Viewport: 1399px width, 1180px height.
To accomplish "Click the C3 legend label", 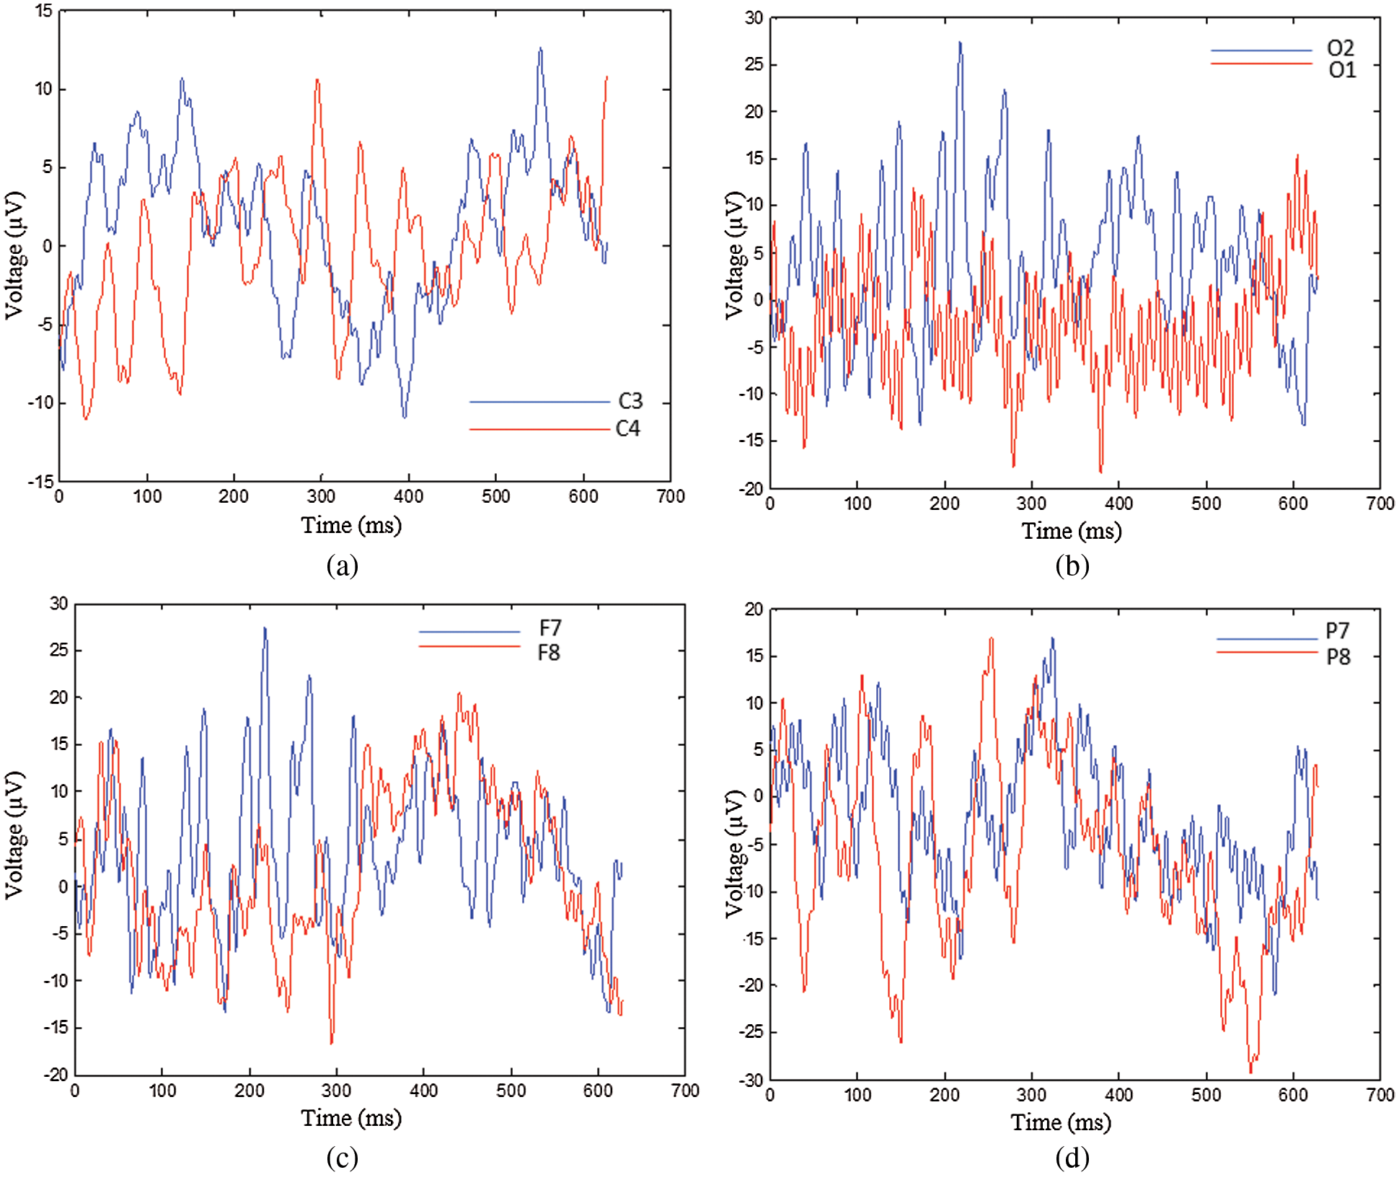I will point(630,401).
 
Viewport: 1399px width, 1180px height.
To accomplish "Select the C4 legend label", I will point(627,428).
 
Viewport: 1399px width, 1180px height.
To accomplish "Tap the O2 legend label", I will point(1340,48).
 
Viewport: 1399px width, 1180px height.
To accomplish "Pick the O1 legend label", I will point(1341,70).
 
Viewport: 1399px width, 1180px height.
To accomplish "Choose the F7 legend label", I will point(550,628).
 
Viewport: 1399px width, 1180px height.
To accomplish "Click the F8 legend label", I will point(548,653).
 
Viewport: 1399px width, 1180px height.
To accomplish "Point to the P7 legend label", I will point(1337,631).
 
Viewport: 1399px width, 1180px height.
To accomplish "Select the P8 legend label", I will point(1338,657).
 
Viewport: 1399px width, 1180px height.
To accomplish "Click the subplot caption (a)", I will point(342,565).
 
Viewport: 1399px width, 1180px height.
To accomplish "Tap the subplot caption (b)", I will point(1072,565).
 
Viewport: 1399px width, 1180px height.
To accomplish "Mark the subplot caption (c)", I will point(342,1158).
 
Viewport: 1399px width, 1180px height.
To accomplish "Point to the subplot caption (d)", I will point(1072,1158).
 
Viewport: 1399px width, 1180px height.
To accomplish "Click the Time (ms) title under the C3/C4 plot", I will point(351,525).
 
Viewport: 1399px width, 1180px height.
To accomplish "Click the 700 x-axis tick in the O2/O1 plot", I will point(1380,503).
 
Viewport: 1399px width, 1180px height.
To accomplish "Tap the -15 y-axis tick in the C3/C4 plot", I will point(40,481).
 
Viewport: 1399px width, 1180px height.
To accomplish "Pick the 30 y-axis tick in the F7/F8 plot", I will point(59,604).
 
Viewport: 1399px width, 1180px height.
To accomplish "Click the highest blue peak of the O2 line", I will point(960,43).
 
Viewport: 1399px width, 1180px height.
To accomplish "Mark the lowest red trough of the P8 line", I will point(1251,1072).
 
